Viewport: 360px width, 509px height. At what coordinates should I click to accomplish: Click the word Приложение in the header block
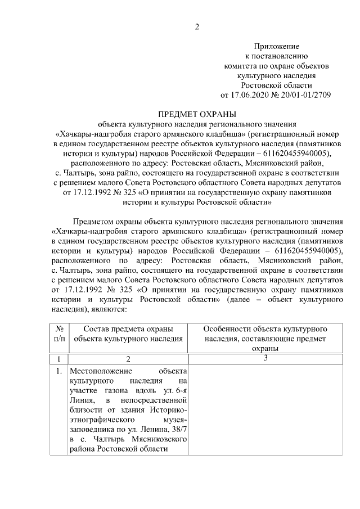pyautogui.click(x=276, y=46)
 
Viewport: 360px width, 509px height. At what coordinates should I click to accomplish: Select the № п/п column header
pyautogui.click(x=58, y=334)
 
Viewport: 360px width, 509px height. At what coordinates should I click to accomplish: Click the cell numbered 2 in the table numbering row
pyautogui.click(x=128, y=359)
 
